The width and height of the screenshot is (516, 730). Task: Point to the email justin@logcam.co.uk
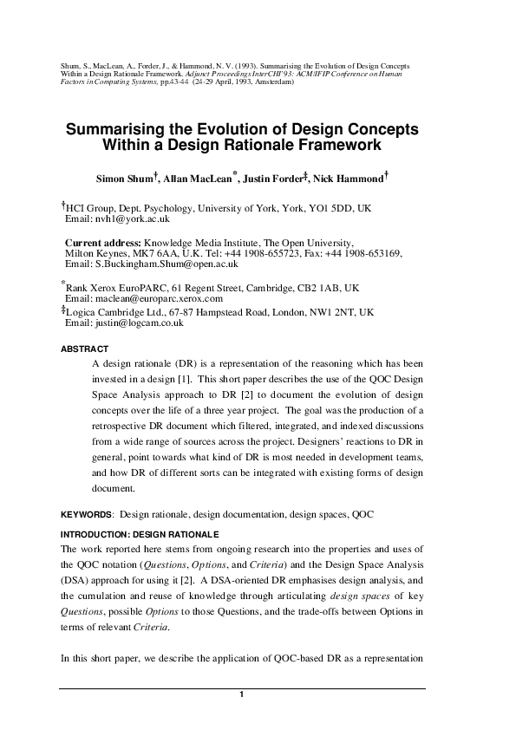[x=135, y=323]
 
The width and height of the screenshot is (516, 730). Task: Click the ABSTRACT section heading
[x=84, y=349]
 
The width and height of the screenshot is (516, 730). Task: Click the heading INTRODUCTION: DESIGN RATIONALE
[x=140, y=533]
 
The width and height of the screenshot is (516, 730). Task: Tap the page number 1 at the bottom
[x=242, y=695]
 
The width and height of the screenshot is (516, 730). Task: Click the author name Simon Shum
[x=124, y=179]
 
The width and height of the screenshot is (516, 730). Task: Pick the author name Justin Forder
[x=274, y=179]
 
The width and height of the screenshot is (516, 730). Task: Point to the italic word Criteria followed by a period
[x=145, y=627]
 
